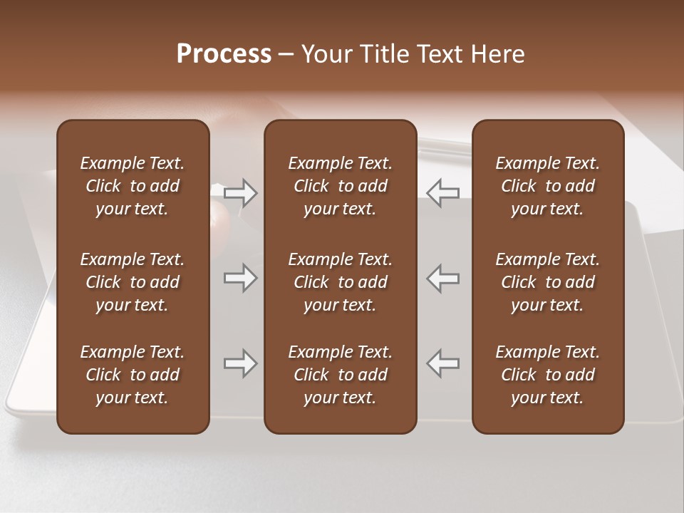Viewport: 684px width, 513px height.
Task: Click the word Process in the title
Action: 224,54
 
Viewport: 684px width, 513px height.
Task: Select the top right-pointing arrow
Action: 240,192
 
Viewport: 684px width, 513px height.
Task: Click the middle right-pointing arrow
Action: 240,278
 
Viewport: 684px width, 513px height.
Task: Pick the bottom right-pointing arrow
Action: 240,363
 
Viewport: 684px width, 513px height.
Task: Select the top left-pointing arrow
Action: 443,192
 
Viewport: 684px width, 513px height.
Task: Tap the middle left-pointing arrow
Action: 443,278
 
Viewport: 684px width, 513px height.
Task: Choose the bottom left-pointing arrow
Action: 443,363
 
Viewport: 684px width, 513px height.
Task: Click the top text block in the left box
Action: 133,186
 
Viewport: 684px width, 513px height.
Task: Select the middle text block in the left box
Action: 133,282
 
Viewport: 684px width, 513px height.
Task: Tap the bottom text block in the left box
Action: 133,375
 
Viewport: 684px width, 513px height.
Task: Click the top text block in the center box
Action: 340,186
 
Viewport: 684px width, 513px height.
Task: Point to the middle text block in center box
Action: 340,282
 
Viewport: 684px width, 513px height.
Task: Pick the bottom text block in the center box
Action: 340,375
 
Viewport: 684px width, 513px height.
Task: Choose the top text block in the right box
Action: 547,186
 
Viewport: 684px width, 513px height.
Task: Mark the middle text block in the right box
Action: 547,282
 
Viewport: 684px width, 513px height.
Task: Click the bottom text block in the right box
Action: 547,375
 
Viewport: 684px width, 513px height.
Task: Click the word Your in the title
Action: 325,54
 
